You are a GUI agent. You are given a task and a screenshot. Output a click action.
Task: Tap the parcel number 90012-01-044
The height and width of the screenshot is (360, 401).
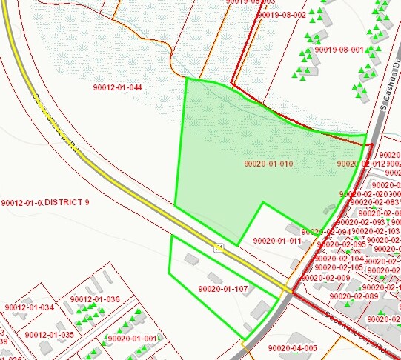117,87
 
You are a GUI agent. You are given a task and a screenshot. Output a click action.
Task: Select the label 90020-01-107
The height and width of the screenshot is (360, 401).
223,289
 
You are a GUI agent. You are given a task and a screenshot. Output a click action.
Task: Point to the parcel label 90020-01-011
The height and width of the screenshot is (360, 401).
277,241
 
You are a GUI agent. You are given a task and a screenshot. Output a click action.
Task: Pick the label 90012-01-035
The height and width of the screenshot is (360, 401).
49,335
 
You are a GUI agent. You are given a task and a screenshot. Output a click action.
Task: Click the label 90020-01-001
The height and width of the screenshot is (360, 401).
133,338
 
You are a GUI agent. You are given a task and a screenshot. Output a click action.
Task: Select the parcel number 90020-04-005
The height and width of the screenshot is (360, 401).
293,347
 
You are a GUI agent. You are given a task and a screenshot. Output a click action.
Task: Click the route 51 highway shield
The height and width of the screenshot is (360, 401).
219,247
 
